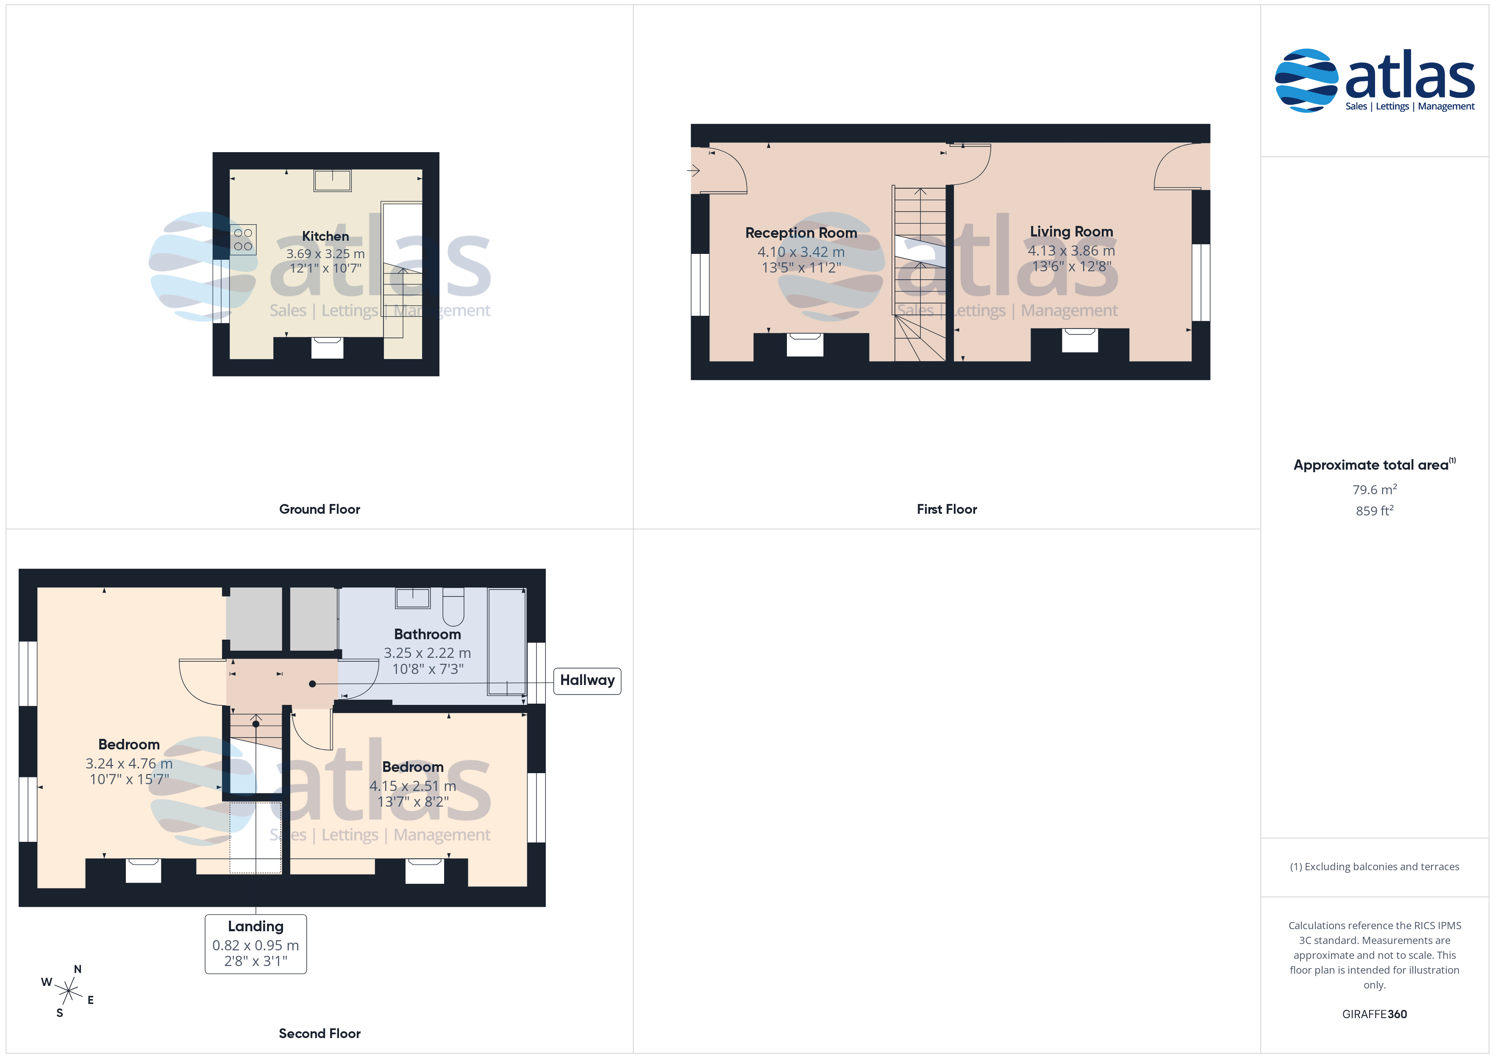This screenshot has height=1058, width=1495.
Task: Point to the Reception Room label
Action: pos(801,233)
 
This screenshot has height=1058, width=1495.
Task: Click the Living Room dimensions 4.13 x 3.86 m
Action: pos(1071,251)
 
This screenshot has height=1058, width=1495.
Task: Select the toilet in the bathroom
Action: pos(453,605)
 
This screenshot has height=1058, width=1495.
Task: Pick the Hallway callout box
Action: pos(587,681)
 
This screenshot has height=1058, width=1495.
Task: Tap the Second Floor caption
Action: pos(320,1034)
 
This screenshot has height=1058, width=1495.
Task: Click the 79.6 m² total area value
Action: pos(1375,489)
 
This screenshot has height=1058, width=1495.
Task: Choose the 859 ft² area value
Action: pos(1375,511)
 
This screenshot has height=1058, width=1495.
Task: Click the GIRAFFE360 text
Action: pos(1375,1014)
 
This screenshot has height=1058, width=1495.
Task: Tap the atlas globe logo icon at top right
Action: pos(1306,80)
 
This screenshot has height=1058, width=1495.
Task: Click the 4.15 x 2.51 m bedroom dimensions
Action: pos(413,786)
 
